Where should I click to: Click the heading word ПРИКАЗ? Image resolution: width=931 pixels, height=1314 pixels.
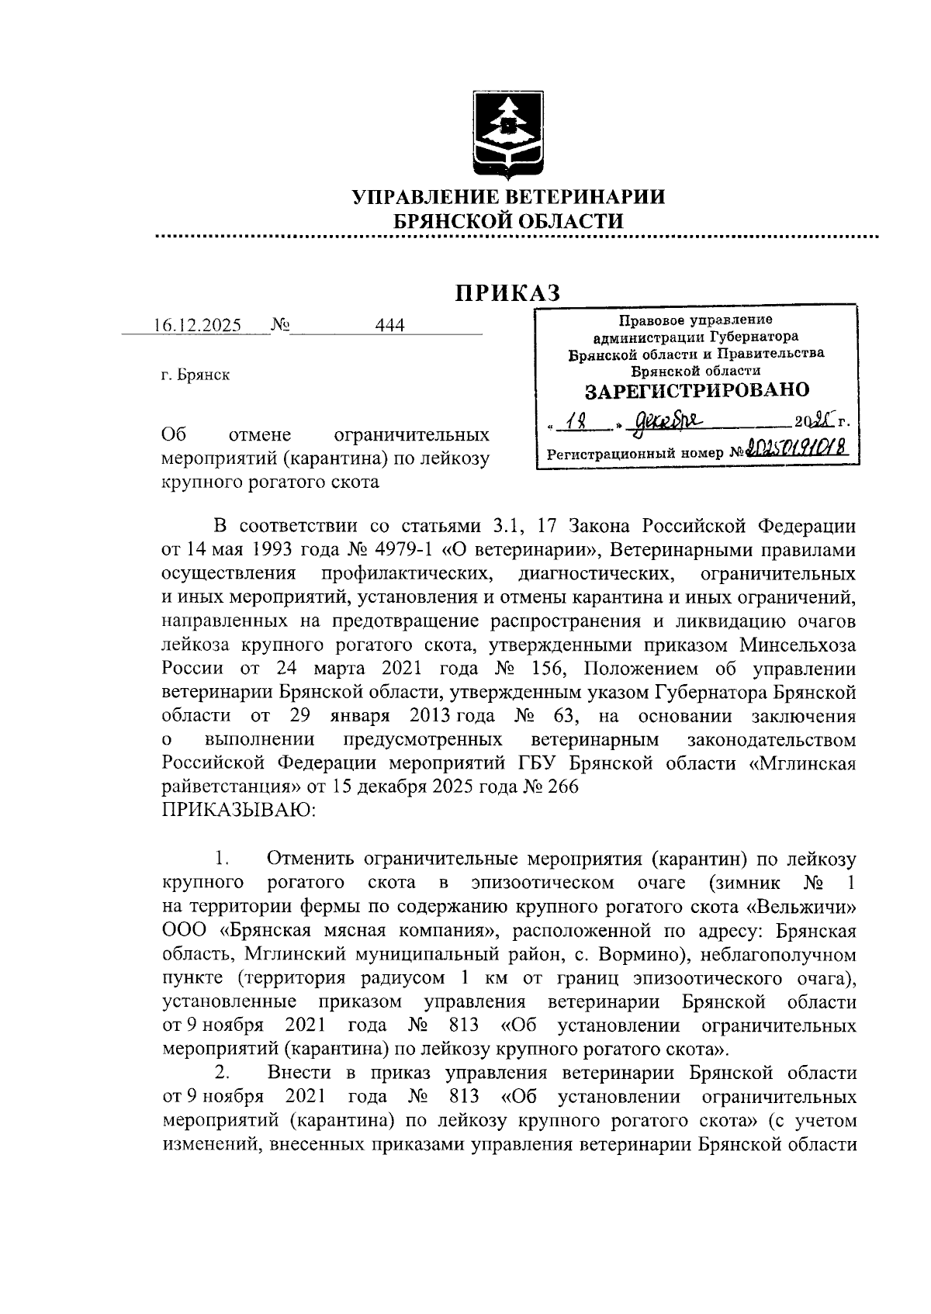507,292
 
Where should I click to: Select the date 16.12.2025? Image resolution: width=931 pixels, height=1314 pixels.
197,326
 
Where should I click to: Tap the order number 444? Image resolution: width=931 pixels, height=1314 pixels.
389,326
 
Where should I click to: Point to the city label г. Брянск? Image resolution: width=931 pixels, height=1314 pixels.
196,375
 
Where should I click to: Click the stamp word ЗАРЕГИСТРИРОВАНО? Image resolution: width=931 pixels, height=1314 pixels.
697,389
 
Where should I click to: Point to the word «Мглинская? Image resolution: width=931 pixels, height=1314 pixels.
803,763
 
